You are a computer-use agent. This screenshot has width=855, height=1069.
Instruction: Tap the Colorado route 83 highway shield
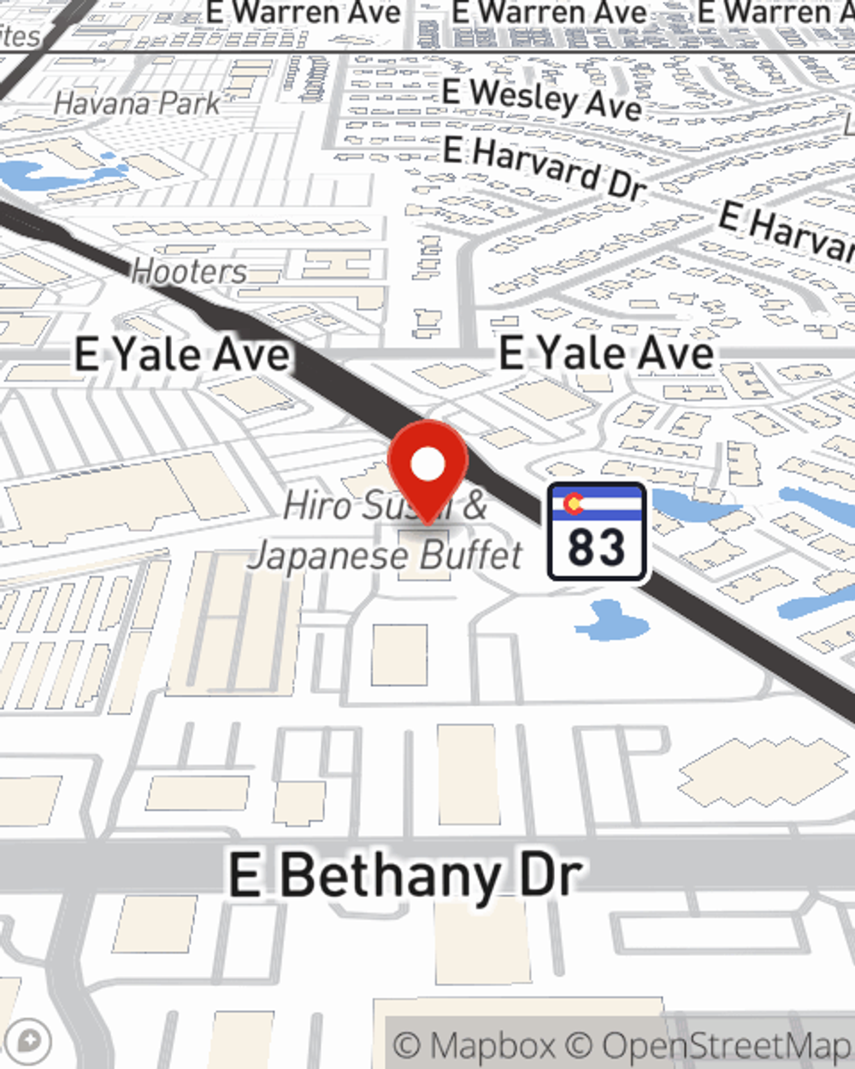click(x=596, y=531)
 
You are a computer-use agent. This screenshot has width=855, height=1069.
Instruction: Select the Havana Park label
click(x=137, y=103)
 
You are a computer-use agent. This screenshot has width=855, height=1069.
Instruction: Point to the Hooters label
click(x=189, y=272)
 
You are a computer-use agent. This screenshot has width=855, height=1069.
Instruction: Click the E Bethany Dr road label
click(x=405, y=876)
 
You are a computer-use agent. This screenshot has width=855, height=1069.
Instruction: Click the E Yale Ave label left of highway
click(x=181, y=354)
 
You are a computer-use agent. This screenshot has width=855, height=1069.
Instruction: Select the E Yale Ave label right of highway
click(x=605, y=353)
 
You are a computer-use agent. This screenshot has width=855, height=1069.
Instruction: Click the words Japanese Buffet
click(x=385, y=556)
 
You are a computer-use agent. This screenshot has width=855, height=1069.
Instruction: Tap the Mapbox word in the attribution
click(x=491, y=1045)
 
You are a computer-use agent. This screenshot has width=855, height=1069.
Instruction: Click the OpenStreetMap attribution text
click(x=727, y=1045)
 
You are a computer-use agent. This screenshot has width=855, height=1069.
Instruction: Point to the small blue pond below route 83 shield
click(x=610, y=620)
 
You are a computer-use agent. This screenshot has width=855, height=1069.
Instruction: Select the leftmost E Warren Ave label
click(x=304, y=13)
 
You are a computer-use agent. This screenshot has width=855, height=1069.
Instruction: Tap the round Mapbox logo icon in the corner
click(x=29, y=1042)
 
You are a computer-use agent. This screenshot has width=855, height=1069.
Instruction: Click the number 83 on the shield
click(x=596, y=547)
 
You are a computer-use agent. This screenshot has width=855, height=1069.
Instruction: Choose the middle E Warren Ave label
click(x=549, y=13)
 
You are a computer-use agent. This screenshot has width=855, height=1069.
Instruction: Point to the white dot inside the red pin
click(x=427, y=465)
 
